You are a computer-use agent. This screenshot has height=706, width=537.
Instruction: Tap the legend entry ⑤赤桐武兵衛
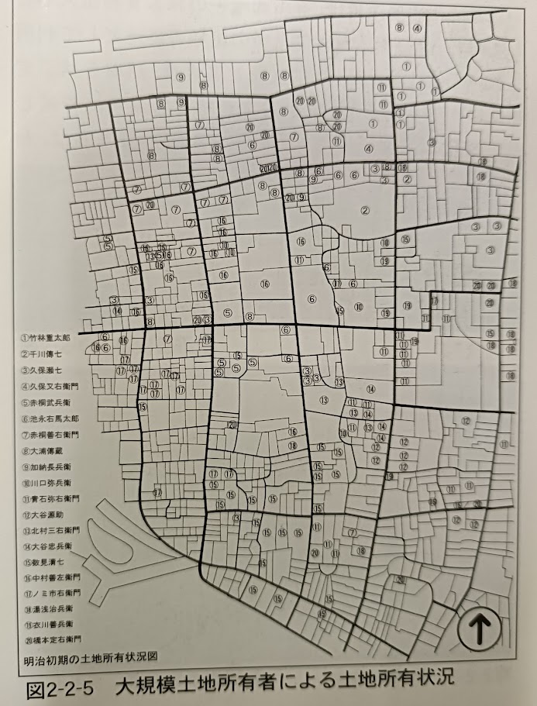tap(46, 403)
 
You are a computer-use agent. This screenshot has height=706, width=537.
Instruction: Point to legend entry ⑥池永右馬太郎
tap(50, 418)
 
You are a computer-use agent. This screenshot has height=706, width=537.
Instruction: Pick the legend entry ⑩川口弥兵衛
tap(46, 483)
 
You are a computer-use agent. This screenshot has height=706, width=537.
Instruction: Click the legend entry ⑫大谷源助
tap(43, 515)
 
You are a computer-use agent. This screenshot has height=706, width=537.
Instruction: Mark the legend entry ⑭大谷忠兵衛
tap(46, 546)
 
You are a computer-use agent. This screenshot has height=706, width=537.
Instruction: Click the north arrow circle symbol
tap(477, 630)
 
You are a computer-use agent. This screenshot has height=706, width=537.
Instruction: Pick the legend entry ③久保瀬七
tap(43, 370)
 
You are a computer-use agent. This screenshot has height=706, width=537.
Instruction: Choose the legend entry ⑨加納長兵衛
tap(46, 467)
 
